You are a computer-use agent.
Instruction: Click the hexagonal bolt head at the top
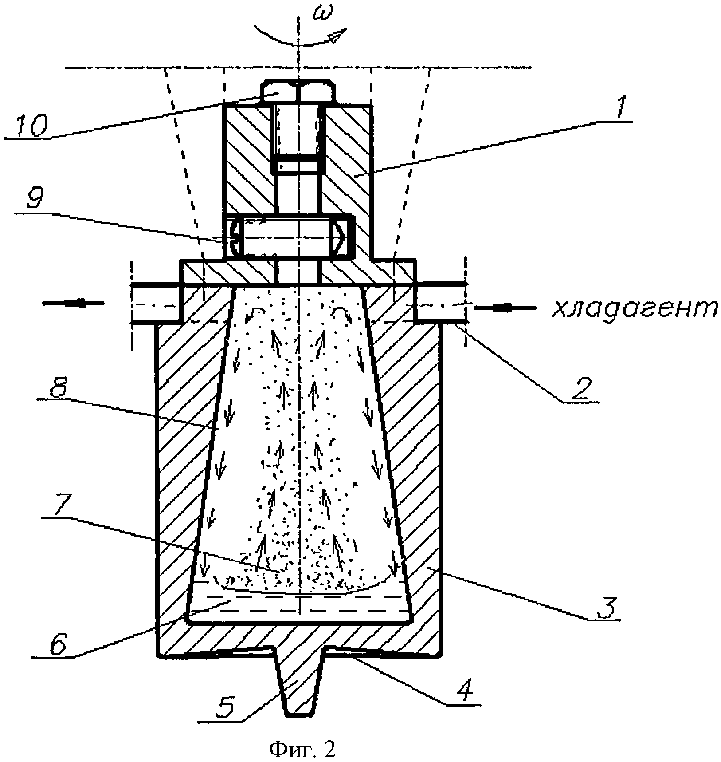click(x=298, y=91)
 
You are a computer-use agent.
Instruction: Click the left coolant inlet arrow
click(x=73, y=303)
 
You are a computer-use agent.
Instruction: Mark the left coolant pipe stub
click(x=155, y=303)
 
